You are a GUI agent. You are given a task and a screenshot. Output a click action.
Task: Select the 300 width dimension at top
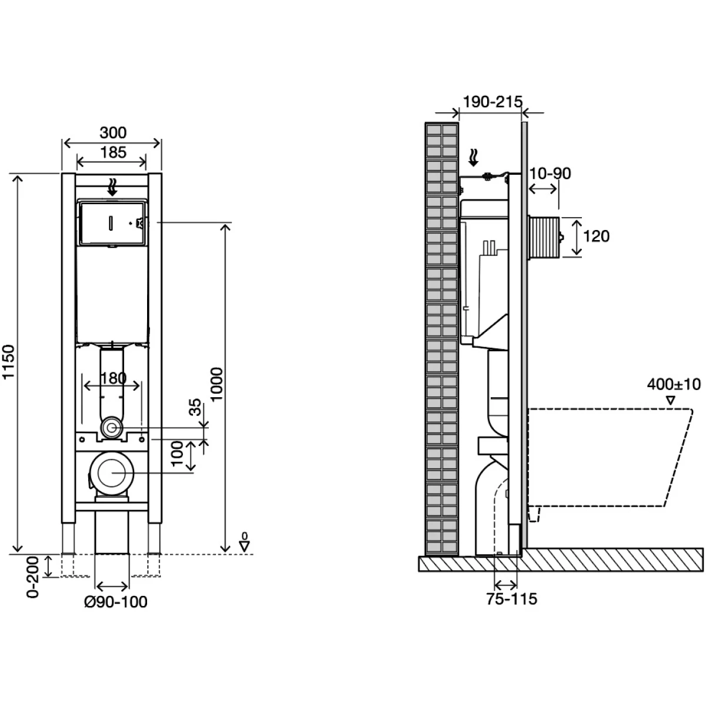[x=112, y=134]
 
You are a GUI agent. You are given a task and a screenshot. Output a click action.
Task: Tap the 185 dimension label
[x=112, y=152]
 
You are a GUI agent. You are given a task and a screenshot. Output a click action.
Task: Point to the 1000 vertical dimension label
[x=217, y=385]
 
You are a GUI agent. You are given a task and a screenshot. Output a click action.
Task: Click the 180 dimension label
[x=112, y=378]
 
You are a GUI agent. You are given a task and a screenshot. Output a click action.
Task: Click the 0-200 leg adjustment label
[x=34, y=577]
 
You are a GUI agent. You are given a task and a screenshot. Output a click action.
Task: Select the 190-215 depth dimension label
[x=492, y=102]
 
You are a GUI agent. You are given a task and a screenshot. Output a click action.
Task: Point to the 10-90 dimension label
[x=550, y=173]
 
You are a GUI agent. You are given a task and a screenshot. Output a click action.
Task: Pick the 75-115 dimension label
[x=512, y=599]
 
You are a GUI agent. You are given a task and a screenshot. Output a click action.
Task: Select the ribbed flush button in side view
[x=544, y=237]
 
